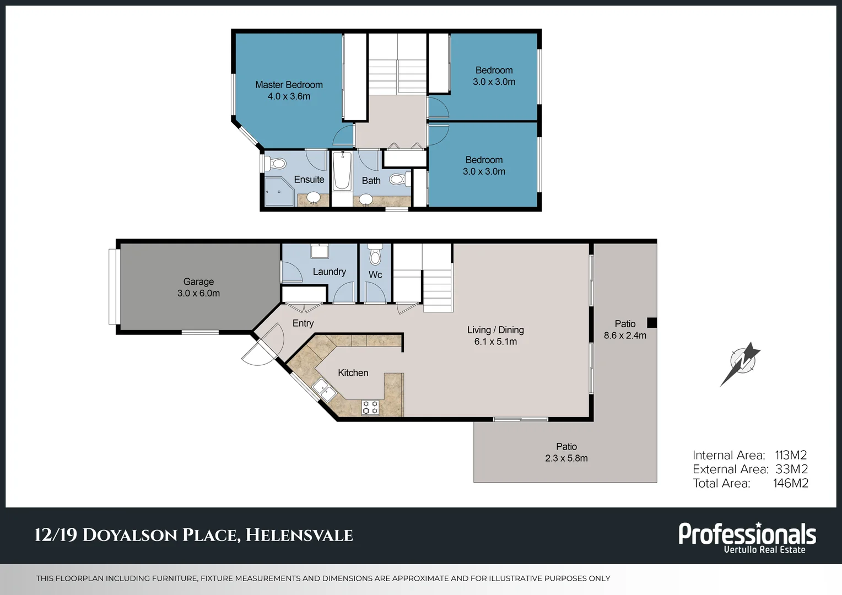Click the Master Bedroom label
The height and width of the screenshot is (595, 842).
[x=289, y=85]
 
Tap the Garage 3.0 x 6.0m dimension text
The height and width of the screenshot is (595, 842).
[x=198, y=293]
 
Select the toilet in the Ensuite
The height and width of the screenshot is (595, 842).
[x=277, y=164]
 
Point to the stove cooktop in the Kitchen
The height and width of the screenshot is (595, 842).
[x=370, y=407]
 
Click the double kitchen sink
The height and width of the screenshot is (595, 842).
[x=325, y=390]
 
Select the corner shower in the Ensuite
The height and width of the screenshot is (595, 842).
[x=279, y=191]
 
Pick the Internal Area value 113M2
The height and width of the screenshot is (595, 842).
[x=791, y=455]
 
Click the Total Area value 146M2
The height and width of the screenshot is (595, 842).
[x=791, y=483]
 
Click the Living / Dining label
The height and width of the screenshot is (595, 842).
[x=495, y=330]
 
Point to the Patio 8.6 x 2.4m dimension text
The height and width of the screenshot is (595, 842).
[x=625, y=336]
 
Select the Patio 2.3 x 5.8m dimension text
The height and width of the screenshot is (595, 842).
[x=566, y=458]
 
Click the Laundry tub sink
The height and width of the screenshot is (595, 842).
[x=320, y=252]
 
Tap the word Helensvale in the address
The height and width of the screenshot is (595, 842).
[x=299, y=535]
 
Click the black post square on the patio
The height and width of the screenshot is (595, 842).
[x=651, y=323]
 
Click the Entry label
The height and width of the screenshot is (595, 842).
[x=303, y=323]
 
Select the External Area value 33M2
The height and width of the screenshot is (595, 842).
[x=791, y=469]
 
